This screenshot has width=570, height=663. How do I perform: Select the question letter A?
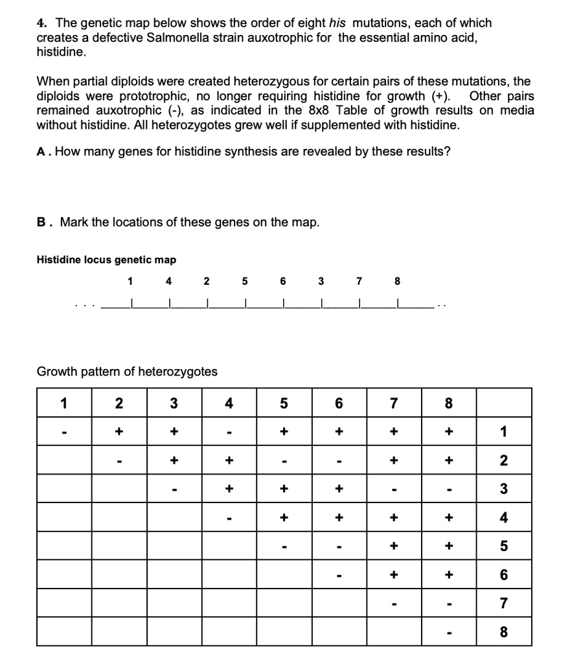41,152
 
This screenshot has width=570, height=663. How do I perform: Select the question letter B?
41,222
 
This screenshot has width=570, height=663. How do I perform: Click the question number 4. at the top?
41,23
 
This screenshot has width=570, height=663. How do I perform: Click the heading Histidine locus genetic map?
106,260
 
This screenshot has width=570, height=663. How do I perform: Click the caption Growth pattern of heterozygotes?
127,372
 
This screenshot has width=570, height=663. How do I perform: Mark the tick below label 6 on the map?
283,304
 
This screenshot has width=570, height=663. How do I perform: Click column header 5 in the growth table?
284,403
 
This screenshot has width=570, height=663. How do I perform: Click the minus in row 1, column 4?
228,432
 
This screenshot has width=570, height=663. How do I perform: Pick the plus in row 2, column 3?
173,460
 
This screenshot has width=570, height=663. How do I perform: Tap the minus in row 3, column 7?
393,489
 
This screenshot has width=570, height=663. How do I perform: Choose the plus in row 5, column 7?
393,546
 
